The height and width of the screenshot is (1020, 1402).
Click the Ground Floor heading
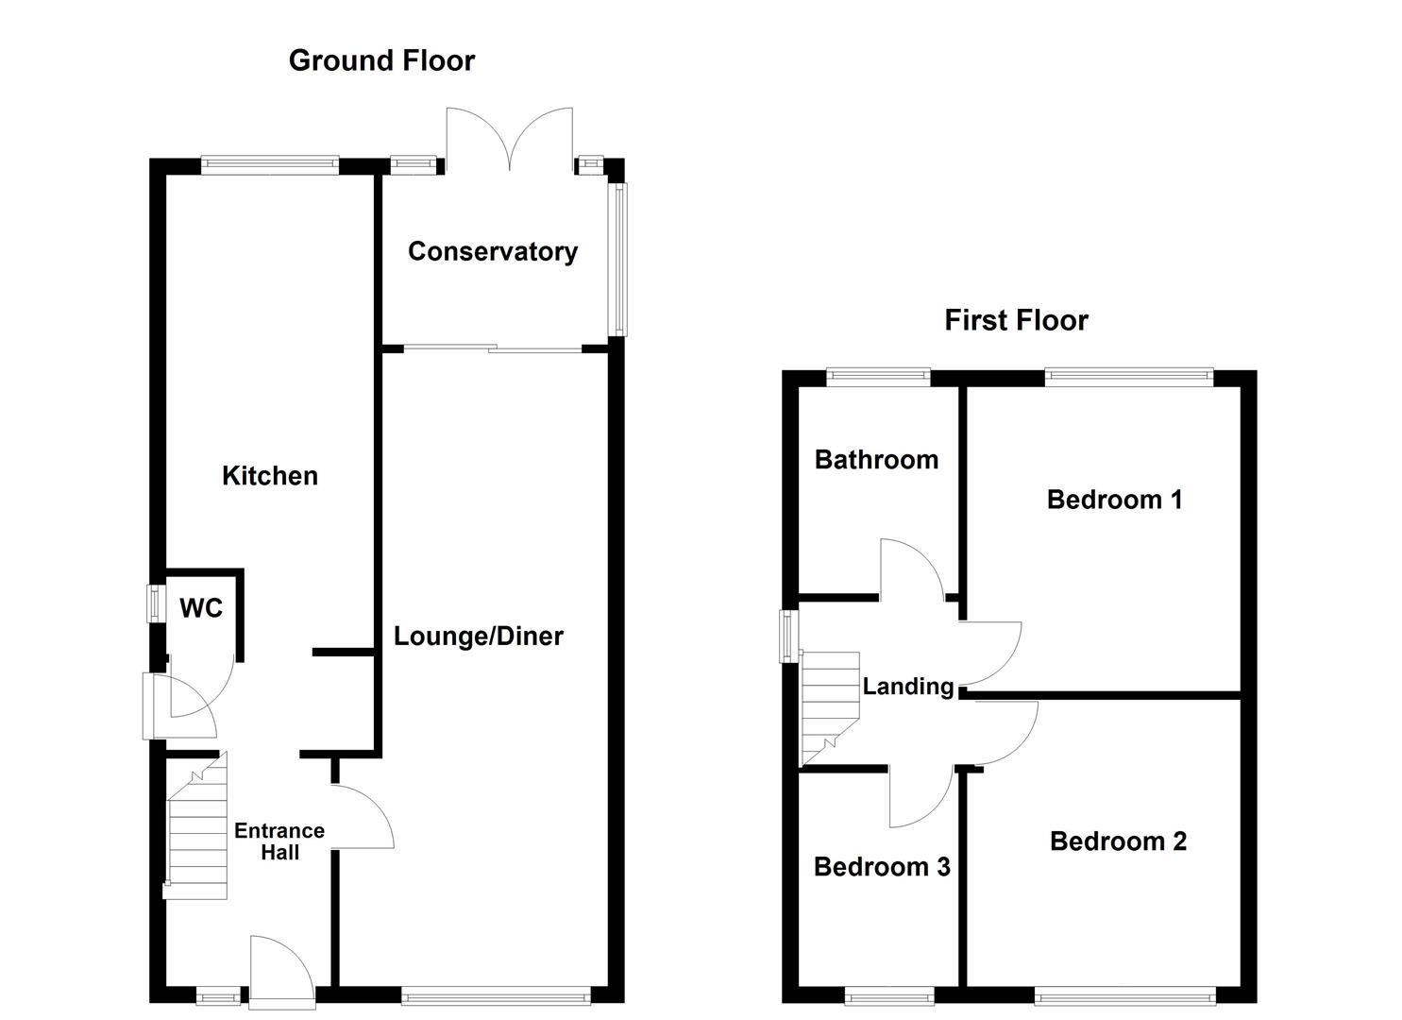pyautogui.click(x=381, y=60)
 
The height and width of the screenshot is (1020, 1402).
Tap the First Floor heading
pyautogui.click(x=1017, y=320)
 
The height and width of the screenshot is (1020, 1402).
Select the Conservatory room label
pyautogui.click(x=493, y=252)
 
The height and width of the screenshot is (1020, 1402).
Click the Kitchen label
pyautogui.click(x=270, y=476)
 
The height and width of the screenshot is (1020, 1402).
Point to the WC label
pyautogui.click(x=201, y=608)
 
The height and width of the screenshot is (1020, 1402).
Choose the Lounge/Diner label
pyautogui.click(x=478, y=637)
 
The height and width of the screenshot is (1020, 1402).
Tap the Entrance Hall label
pyautogui.click(x=279, y=841)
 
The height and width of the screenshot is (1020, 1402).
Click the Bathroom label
pyautogui.click(x=876, y=460)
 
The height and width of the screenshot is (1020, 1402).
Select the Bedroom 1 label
pyautogui.click(x=1115, y=500)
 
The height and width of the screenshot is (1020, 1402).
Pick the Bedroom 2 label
pyautogui.click(x=1119, y=841)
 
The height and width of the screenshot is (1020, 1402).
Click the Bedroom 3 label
pyautogui.click(x=882, y=867)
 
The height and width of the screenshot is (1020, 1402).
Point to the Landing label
pyautogui.click(x=908, y=687)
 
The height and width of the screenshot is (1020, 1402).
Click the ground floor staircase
pyautogui.click(x=195, y=826)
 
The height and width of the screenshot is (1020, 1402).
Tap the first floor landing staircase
pyautogui.click(x=831, y=708)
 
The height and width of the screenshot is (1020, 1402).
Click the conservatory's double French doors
pyautogui.click(x=510, y=139)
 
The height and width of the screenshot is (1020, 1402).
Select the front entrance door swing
pyautogui.click(x=281, y=973)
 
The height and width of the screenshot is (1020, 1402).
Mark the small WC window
pyautogui.click(x=154, y=603)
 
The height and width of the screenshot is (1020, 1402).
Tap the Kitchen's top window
pyautogui.click(x=270, y=164)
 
